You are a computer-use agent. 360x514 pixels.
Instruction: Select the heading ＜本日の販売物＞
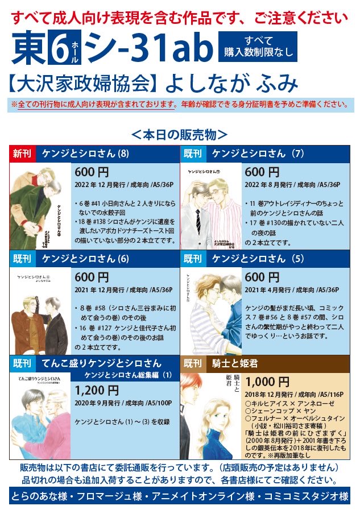pyautogui.click(x=180, y=135)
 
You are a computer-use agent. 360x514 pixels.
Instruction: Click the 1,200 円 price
pyautogui.click(x=97, y=391)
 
